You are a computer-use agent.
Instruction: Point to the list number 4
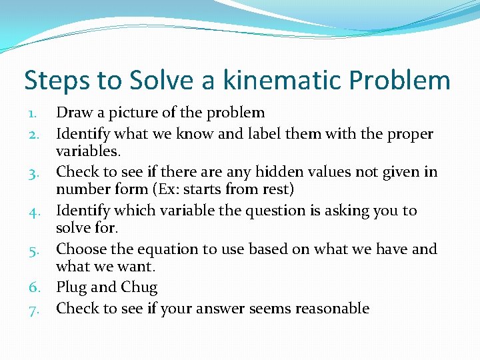(37, 211)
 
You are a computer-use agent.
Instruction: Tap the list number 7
(37, 309)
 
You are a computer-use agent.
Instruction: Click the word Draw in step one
(74, 113)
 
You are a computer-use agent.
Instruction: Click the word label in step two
(264, 134)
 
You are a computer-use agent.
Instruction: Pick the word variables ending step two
(87, 151)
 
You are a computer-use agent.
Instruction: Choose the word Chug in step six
(139, 288)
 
